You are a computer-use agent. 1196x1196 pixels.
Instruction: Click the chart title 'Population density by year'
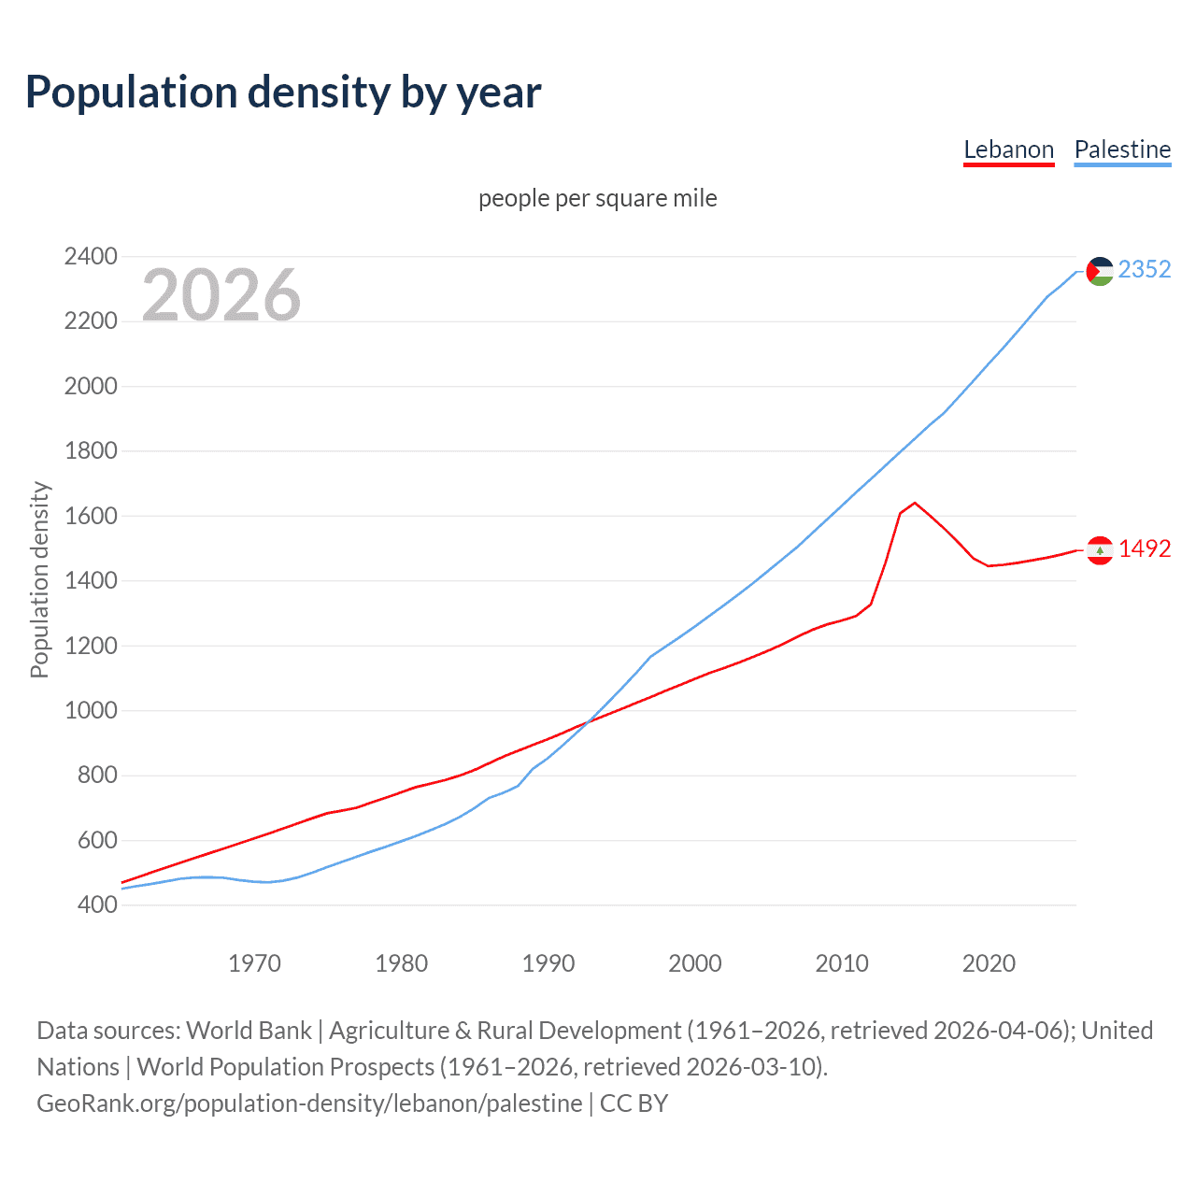tap(283, 93)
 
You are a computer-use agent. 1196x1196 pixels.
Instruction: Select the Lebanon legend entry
tap(1008, 149)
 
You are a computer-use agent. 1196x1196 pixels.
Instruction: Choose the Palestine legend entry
tap(1122, 149)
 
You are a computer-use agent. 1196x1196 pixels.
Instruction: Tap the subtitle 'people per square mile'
tap(597, 198)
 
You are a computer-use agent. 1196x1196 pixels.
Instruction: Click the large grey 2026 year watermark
tap(221, 295)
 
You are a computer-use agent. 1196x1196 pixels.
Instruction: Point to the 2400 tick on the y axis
tap(91, 256)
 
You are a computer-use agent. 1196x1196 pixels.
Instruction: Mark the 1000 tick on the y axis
tap(91, 710)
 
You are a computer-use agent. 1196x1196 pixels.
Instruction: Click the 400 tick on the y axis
tap(97, 904)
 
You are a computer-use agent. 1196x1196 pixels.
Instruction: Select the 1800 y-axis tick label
tap(91, 450)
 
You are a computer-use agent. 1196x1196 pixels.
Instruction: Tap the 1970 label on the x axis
tap(254, 963)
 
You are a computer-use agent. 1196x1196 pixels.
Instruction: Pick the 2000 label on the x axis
tap(694, 963)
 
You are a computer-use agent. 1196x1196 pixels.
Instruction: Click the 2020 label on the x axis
tap(989, 963)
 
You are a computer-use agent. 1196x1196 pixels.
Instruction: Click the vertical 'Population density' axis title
tap(39, 579)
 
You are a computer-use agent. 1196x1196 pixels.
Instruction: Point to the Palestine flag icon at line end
tap(1100, 271)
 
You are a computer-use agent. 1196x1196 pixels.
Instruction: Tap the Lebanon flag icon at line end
tap(1100, 550)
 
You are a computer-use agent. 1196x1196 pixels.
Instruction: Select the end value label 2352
tap(1144, 269)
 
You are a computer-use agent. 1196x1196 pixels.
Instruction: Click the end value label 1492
tap(1144, 548)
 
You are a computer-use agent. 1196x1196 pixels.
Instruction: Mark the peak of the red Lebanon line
tap(915, 503)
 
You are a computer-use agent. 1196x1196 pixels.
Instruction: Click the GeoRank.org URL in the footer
tap(309, 1103)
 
